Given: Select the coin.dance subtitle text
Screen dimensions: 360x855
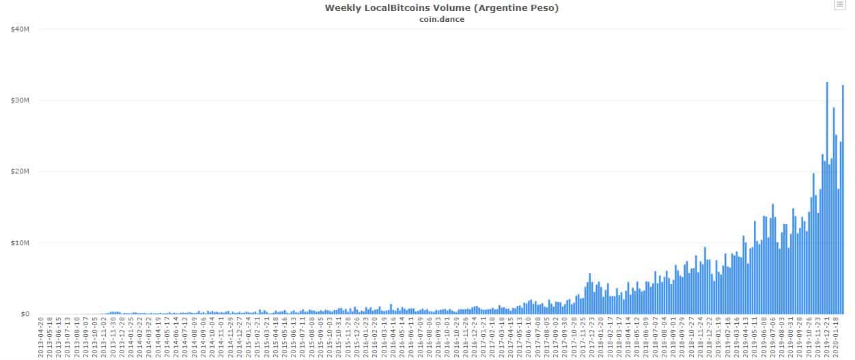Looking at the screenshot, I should pyautogui.click(x=442, y=18).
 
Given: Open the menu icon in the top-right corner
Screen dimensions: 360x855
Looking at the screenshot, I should pyautogui.click(x=839, y=5).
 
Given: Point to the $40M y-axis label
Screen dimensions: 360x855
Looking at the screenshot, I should pyautogui.click(x=20, y=29).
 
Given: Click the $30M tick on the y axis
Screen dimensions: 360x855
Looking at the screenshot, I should pyautogui.click(x=20, y=100).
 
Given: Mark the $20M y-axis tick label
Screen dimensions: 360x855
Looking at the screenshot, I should pyautogui.click(x=20, y=171).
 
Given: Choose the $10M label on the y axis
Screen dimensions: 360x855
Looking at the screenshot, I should pyautogui.click(x=20, y=243).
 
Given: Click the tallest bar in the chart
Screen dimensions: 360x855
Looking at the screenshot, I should pyautogui.click(x=827, y=198).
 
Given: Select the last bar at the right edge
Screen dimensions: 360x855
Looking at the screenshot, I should pyautogui.click(x=843, y=199).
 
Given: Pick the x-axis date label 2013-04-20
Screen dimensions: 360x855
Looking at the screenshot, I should pyautogui.click(x=42, y=337).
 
